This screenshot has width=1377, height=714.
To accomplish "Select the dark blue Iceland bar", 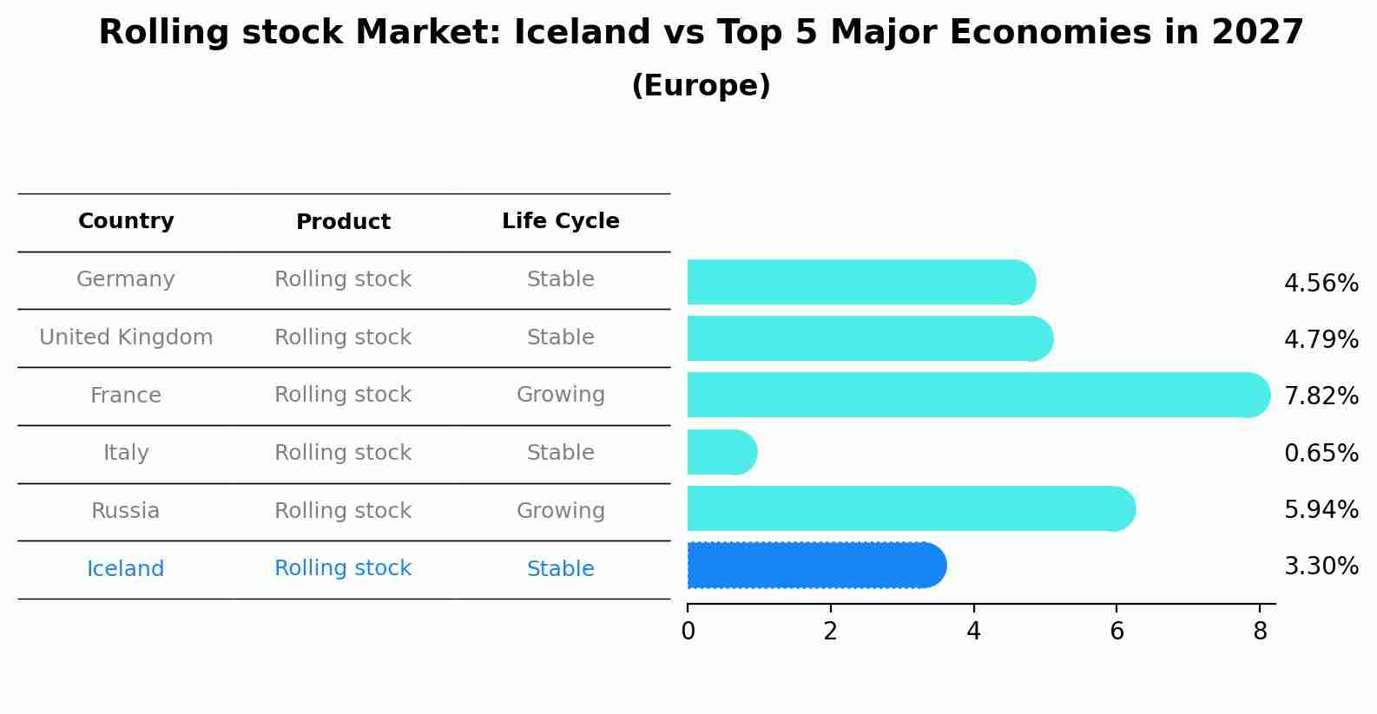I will [816, 566].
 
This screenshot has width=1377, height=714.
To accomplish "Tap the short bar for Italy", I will [721, 452].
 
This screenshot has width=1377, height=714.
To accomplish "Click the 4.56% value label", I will [1321, 284].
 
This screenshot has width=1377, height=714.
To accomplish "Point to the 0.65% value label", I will [1321, 453].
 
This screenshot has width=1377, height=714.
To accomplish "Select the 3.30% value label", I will [1321, 567].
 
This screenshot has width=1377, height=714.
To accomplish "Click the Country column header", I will [126, 221].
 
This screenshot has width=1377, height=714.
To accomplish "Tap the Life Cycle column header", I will [560, 221].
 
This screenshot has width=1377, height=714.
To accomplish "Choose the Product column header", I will [343, 222].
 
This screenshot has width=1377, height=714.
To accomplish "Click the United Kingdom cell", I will [126, 337].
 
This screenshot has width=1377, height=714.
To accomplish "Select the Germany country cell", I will [126, 279].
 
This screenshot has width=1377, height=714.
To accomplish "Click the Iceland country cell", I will [126, 569].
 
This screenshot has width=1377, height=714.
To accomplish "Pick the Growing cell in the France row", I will [560, 395].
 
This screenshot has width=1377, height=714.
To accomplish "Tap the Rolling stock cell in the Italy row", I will [343, 453].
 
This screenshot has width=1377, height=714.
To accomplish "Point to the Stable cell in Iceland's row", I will [560, 569].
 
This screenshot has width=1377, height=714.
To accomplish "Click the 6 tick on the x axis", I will [1117, 632].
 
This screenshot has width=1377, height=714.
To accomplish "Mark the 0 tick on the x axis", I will [688, 632].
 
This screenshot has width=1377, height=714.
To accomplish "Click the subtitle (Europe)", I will [701, 86].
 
